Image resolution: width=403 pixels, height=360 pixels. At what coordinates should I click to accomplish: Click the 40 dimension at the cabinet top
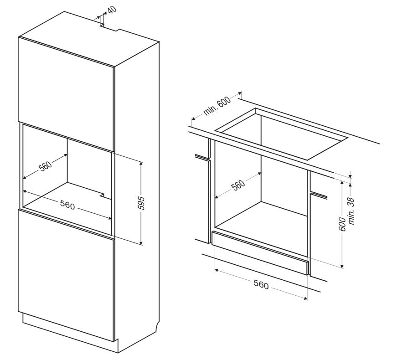(112, 10)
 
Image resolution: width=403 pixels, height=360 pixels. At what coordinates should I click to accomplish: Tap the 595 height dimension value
(141, 203)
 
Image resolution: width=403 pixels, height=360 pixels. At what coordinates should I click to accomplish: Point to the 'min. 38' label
(351, 211)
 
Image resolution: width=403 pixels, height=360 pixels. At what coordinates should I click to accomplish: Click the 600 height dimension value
(342, 224)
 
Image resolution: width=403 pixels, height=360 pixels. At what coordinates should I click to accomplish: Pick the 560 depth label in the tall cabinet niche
(45, 166)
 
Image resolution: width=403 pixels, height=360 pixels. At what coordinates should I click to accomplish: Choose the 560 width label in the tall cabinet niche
(67, 206)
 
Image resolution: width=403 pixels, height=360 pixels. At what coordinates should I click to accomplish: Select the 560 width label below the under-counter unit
(261, 285)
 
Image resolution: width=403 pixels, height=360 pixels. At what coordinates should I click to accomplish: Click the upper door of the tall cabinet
(66, 94)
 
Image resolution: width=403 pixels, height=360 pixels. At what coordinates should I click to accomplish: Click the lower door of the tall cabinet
(66, 275)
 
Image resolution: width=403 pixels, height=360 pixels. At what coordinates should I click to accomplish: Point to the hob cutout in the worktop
(281, 134)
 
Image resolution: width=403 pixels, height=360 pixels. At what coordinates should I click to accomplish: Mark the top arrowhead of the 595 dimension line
(141, 164)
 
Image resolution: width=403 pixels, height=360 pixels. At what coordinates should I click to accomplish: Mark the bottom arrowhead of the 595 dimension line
(141, 242)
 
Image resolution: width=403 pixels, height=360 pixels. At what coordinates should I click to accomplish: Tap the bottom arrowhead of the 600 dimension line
(342, 266)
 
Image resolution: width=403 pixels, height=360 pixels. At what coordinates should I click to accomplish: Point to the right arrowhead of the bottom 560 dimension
(305, 298)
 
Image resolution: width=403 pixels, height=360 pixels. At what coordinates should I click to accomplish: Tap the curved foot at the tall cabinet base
(156, 327)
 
